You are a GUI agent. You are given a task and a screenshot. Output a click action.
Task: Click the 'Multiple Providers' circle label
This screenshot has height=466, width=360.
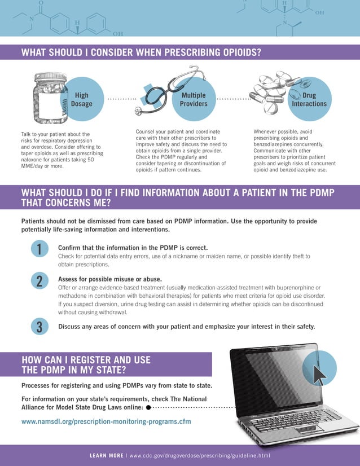[194, 100]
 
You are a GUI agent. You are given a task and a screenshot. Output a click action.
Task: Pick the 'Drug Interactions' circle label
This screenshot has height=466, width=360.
[309, 100]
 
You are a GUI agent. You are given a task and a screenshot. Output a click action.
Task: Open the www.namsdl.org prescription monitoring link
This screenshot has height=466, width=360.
[106, 421]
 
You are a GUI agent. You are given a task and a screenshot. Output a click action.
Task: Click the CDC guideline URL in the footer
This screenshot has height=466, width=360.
[200, 455]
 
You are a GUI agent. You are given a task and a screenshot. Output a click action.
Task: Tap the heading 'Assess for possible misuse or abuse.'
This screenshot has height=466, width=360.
[110, 279]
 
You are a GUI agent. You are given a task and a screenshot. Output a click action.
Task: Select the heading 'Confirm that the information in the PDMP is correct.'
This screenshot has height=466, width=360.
[133, 248]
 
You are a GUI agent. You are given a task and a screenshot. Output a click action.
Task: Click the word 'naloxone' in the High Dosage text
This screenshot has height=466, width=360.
[33, 160]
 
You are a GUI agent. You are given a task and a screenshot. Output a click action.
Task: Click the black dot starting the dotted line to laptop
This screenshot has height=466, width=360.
[148, 406]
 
